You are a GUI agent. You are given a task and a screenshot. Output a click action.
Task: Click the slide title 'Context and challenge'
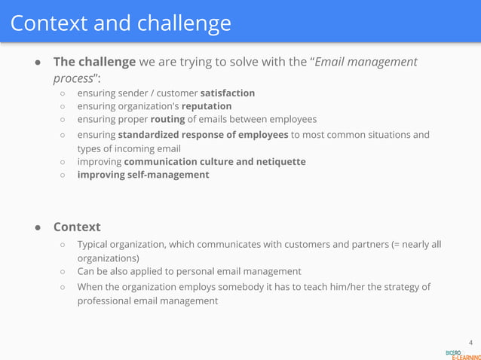pos(121,23)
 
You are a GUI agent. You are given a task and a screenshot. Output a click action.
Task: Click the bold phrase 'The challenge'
pos(94,61)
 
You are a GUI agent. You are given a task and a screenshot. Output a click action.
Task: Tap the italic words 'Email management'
pos(366,61)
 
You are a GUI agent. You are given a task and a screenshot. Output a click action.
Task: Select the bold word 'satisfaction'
pos(227,93)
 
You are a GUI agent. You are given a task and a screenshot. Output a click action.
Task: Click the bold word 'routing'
pos(167,119)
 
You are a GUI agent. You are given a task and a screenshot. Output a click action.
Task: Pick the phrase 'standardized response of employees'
pos(203,135)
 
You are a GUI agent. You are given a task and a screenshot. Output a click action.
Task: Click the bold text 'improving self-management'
pos(143,175)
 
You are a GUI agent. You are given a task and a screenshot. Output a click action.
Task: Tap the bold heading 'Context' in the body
pos(76,227)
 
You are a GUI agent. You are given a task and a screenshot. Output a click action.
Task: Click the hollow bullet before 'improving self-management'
pos(64,175)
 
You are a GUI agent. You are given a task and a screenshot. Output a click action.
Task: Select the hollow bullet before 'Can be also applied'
pos(64,271)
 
